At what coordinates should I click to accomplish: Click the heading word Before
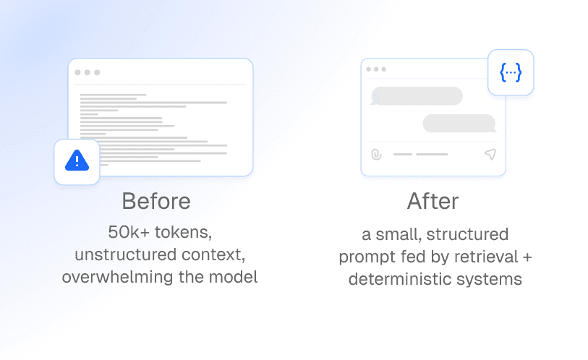(156, 201)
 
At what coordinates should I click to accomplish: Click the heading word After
(433, 201)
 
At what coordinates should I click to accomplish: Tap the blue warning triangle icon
(77, 161)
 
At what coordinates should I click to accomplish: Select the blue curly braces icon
(511, 72)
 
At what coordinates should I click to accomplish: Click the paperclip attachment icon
(376, 154)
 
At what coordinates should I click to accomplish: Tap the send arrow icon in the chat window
(490, 154)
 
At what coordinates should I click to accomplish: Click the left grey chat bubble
(417, 96)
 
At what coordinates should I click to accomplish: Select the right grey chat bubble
(459, 123)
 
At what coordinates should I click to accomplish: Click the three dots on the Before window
(87, 72)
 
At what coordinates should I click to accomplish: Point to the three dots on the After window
(376, 69)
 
